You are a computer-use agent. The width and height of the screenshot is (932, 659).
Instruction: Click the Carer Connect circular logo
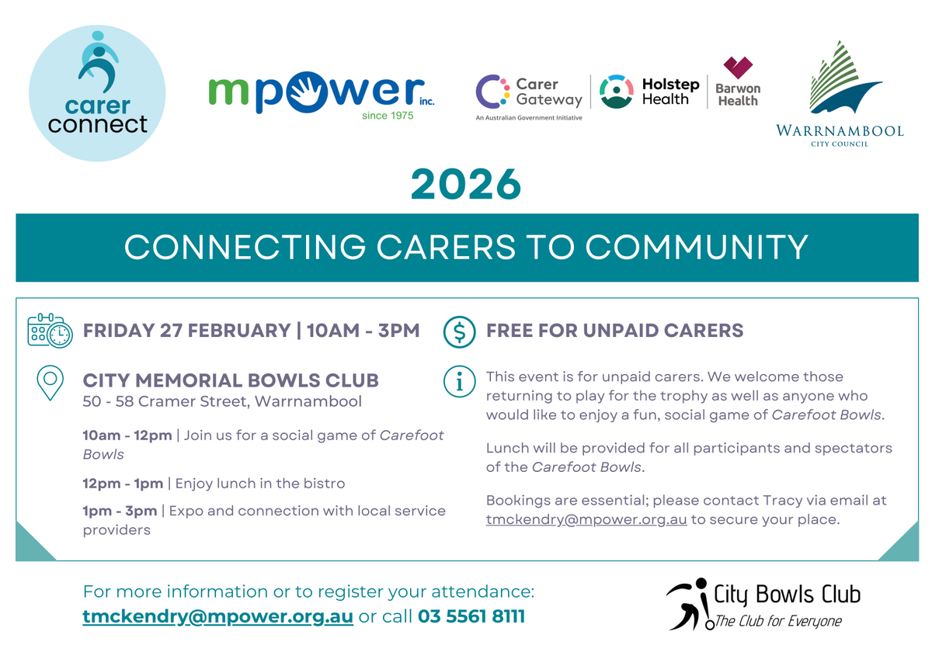(97, 93)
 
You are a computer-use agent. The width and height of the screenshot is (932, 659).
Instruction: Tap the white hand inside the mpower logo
(307, 91)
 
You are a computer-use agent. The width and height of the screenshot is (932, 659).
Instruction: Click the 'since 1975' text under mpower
(388, 116)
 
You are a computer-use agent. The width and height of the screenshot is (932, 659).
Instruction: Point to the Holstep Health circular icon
(616, 92)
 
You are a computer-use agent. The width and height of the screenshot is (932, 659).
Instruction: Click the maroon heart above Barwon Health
(738, 68)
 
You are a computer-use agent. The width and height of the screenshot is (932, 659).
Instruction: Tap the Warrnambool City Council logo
(840, 94)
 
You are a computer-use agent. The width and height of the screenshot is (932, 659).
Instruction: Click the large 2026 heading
(465, 184)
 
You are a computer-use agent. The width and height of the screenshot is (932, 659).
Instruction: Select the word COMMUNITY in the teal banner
(697, 247)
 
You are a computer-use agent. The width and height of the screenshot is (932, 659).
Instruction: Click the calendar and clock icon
(50, 331)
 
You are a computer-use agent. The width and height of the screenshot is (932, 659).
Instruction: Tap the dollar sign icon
(459, 331)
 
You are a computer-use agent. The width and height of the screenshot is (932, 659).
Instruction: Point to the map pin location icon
(50, 383)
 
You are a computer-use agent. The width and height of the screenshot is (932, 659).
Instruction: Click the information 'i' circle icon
(459, 381)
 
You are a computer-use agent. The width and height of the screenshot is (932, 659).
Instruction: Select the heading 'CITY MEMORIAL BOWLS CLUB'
(231, 380)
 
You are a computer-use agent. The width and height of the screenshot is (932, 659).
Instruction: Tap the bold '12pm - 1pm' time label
(123, 484)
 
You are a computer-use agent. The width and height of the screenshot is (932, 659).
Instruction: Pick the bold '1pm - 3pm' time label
(120, 511)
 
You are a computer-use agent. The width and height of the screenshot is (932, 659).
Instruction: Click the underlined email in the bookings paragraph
(586, 520)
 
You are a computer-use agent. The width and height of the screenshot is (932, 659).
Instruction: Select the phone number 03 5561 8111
(471, 616)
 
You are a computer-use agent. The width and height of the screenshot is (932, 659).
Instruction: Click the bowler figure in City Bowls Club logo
(690, 604)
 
